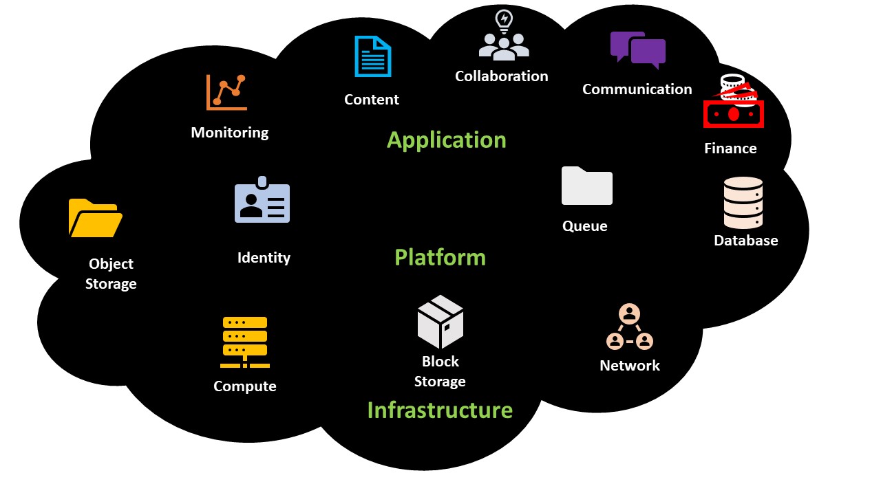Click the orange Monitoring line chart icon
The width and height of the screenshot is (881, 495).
click(x=226, y=91)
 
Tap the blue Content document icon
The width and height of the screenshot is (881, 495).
click(x=372, y=56)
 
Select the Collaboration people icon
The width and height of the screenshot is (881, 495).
click(x=504, y=35)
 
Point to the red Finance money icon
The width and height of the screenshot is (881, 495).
click(x=734, y=103)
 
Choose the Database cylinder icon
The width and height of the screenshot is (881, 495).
click(x=743, y=203)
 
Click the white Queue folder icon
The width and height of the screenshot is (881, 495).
click(x=586, y=186)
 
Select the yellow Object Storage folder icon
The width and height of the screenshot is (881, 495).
click(x=95, y=218)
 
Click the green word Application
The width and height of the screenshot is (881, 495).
click(x=446, y=140)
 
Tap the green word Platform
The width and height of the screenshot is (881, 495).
click(x=440, y=258)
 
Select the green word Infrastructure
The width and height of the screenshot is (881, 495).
click(x=440, y=410)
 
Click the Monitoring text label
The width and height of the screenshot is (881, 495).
click(x=230, y=133)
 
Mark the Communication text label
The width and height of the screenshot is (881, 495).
click(x=637, y=89)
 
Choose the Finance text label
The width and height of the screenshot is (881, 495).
click(x=730, y=148)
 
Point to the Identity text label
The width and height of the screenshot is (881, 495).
click(x=264, y=258)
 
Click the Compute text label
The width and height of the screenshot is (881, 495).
click(x=245, y=386)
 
